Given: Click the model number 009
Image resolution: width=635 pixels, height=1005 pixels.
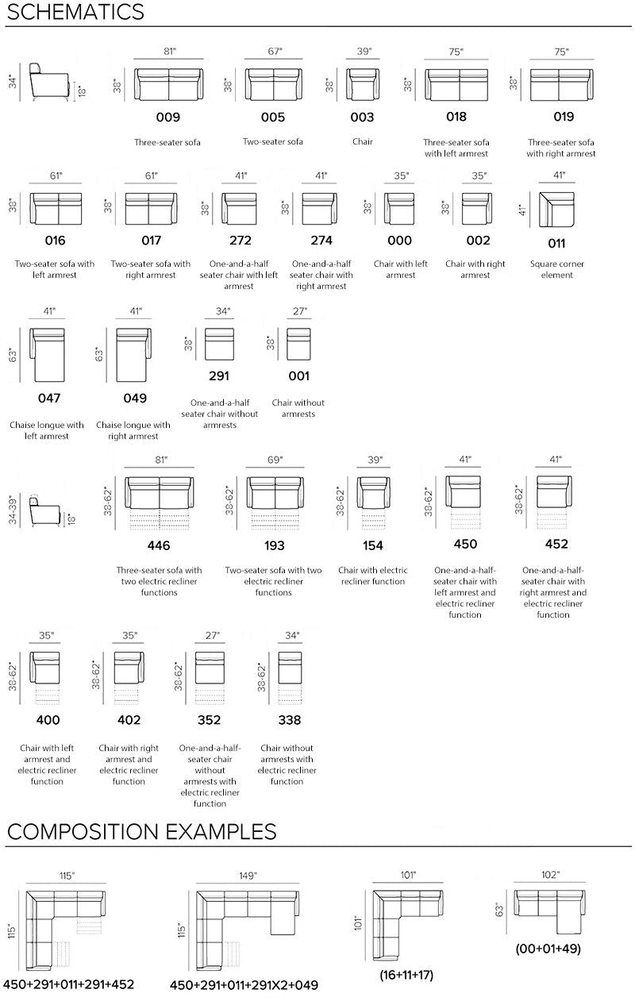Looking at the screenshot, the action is click(x=167, y=117).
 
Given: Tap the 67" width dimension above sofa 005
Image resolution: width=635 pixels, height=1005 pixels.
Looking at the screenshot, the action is click(x=275, y=52).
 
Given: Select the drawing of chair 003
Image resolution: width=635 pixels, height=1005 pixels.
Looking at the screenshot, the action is click(x=363, y=84).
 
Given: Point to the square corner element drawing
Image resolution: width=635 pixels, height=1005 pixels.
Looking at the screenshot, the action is click(x=556, y=210).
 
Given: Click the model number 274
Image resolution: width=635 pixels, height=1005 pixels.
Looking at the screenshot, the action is click(x=321, y=241).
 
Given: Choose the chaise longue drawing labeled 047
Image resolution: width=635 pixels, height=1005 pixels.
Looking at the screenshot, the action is click(x=47, y=355).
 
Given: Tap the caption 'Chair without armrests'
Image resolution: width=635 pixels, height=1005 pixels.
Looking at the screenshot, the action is click(x=298, y=408).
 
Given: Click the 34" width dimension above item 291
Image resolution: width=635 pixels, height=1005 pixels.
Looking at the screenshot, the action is click(x=223, y=311).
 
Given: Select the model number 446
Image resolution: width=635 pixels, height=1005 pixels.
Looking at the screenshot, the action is click(x=159, y=545).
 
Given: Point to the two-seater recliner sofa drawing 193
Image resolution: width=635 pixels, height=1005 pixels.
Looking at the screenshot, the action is click(x=275, y=503).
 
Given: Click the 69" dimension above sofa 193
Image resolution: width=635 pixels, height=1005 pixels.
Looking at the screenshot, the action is click(x=275, y=460).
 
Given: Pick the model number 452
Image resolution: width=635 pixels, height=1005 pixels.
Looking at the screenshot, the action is click(x=556, y=544).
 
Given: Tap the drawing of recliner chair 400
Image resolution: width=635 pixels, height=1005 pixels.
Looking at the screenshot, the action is click(x=45, y=678).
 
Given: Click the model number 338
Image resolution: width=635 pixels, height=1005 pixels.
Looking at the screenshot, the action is click(x=290, y=720).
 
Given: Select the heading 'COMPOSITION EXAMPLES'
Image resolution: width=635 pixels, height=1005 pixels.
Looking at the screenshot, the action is click(x=142, y=831).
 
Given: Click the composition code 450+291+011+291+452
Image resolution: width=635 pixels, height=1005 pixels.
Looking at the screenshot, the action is click(x=69, y=984).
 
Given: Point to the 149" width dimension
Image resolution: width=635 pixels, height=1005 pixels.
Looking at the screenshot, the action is click(x=248, y=876).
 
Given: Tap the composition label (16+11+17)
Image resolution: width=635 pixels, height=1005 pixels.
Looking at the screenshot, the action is click(x=406, y=975).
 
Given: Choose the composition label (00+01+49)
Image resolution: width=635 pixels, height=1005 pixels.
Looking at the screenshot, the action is click(x=548, y=949).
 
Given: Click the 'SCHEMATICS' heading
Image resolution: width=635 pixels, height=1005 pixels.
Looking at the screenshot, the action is click(x=76, y=12).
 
